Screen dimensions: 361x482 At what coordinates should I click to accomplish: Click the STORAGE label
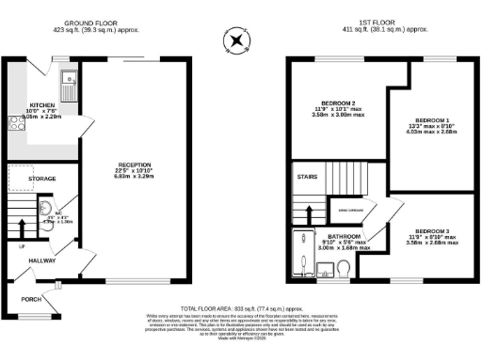(41, 178)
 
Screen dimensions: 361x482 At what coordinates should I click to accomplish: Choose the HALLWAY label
(40, 260)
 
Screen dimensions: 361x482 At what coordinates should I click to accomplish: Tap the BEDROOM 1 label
(436, 121)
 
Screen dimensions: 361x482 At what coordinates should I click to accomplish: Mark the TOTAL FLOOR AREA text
(240, 308)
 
